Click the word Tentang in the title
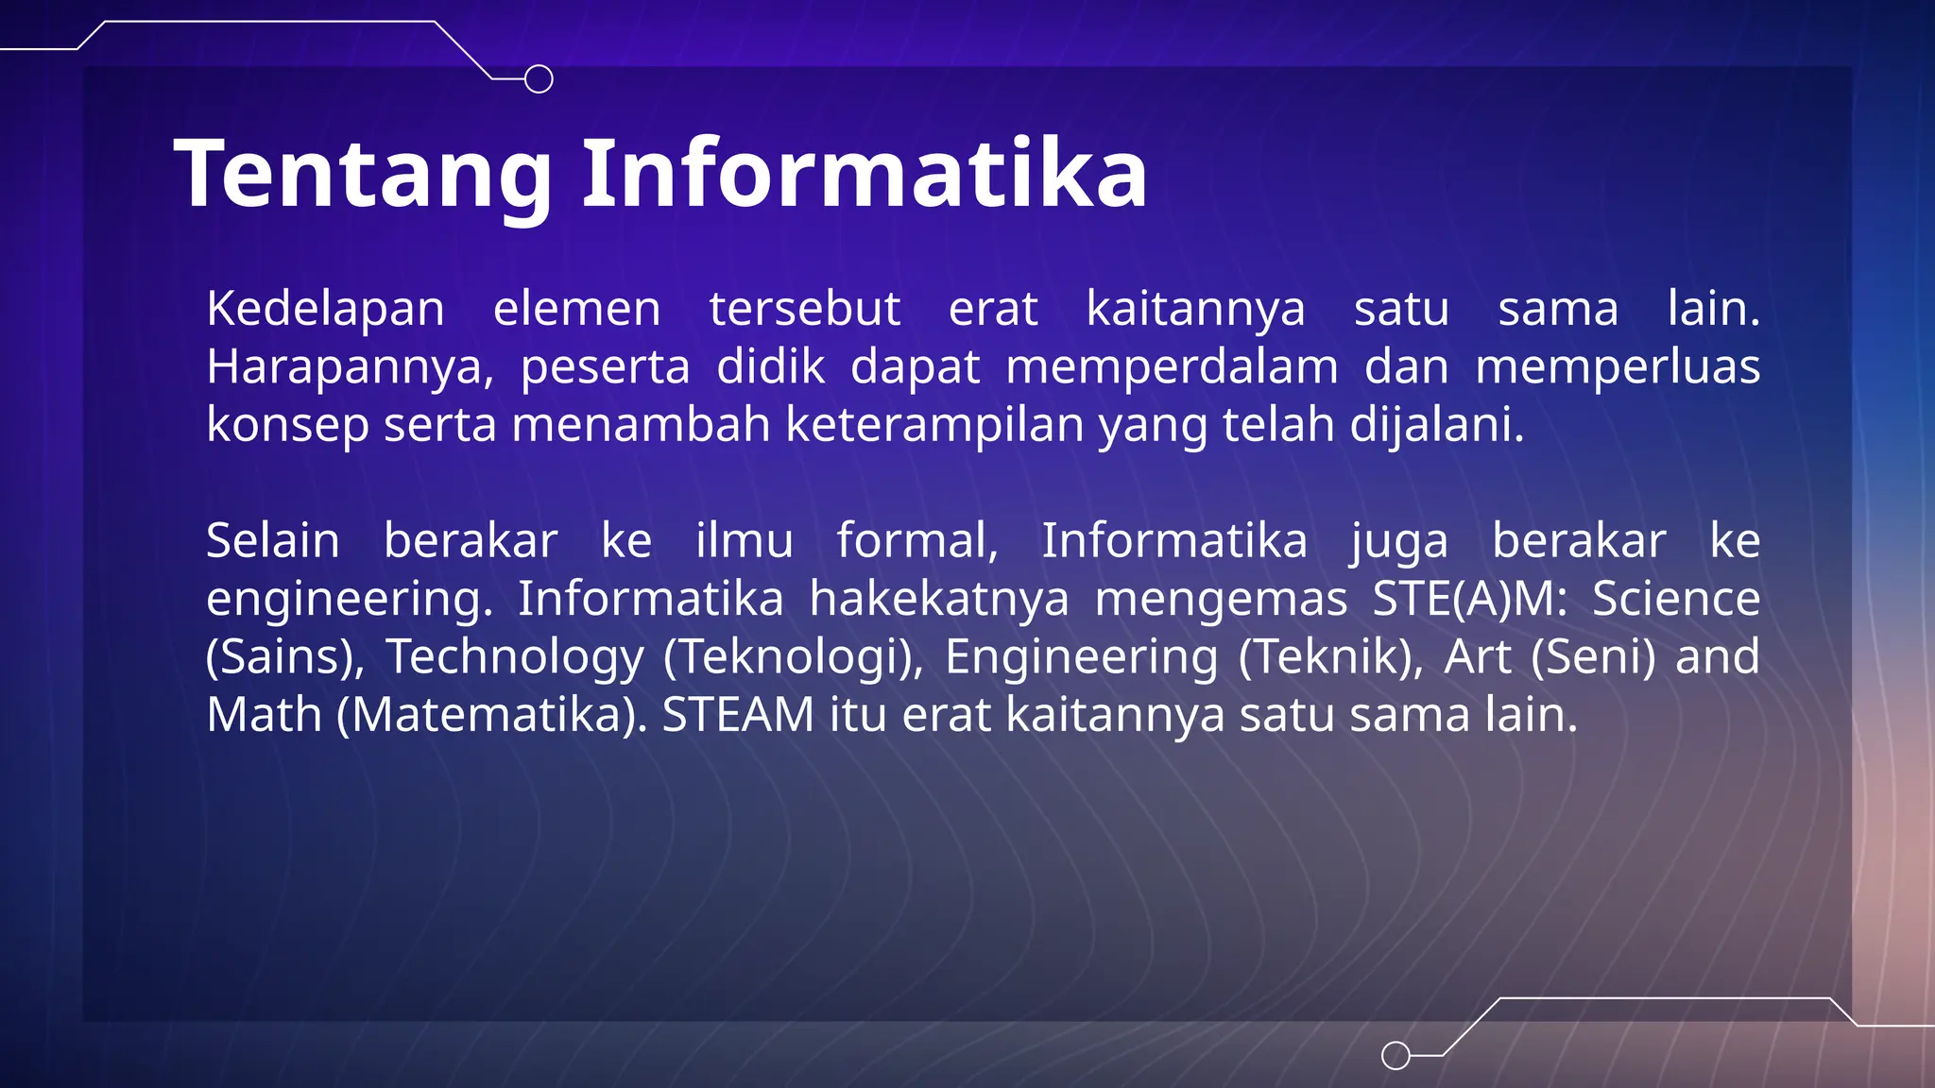tap(364, 175)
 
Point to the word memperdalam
tap(1172, 367)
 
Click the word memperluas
tap(1618, 367)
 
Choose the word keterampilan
tap(934, 425)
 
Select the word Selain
tap(273, 541)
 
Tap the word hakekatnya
tap(938, 599)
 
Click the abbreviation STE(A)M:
tap(1469, 599)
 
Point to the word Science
tap(1676, 599)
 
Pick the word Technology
tap(515, 657)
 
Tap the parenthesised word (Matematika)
tap(492, 715)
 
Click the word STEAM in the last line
tap(738, 715)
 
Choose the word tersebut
tap(805, 309)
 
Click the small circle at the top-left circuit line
tap(539, 79)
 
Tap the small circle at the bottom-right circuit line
tap(1396, 1055)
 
